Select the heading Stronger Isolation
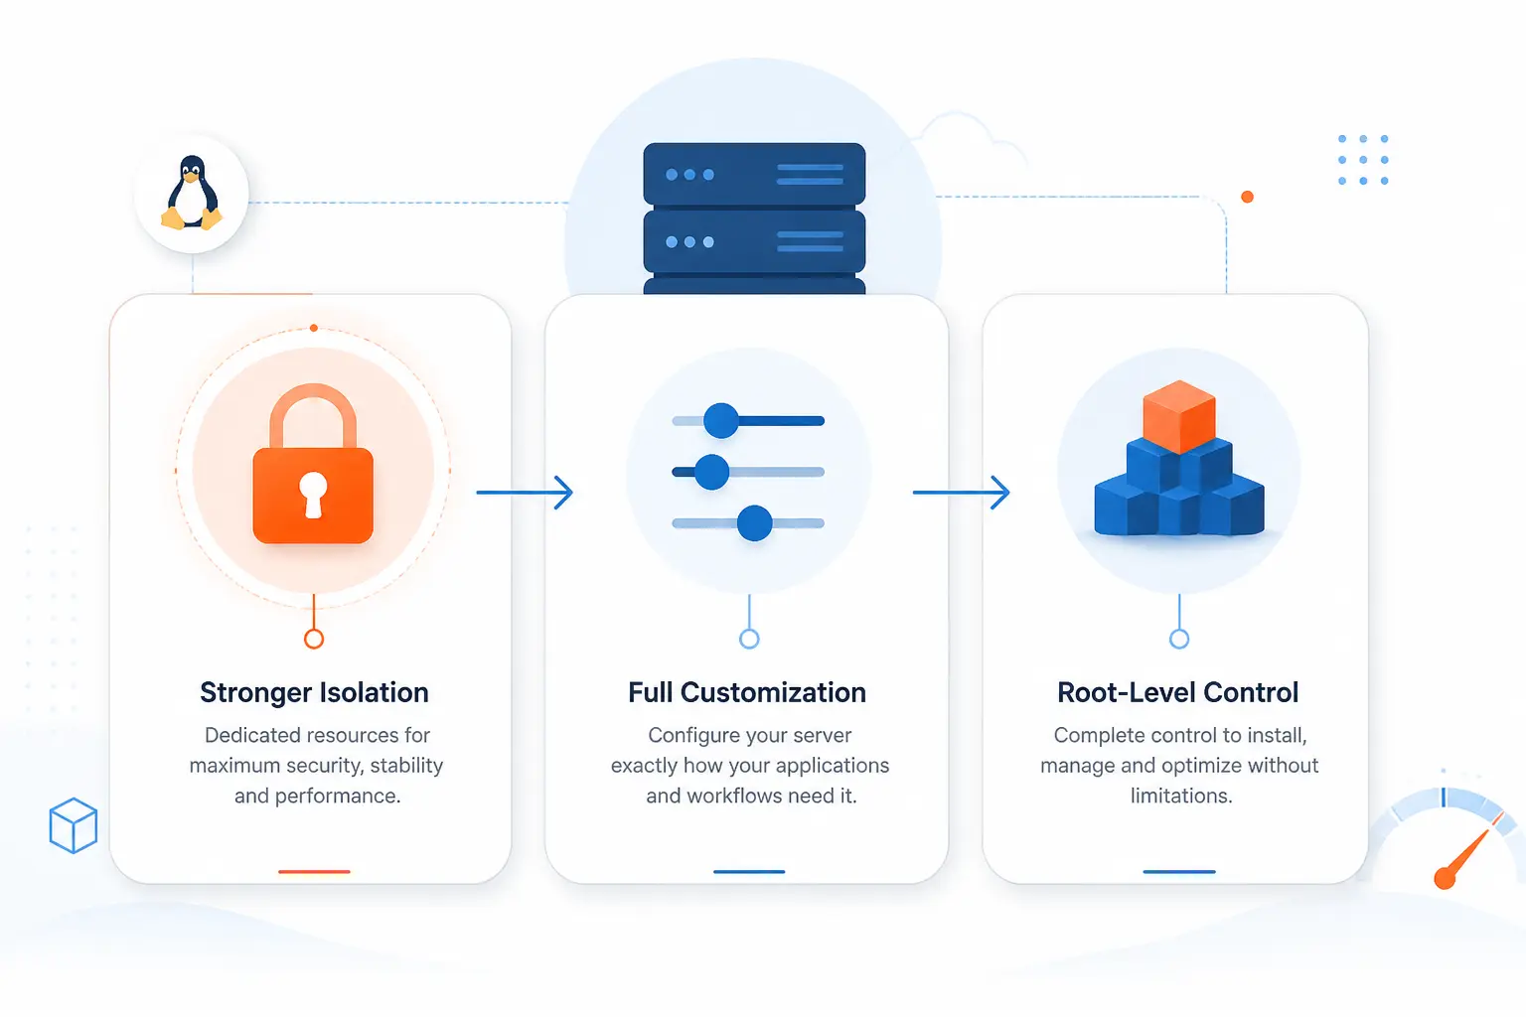click(314, 692)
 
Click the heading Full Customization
click(747, 692)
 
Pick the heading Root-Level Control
click(1178, 692)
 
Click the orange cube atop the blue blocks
click(1179, 416)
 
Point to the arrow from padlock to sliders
click(525, 492)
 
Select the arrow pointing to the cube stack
click(962, 492)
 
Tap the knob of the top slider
click(720, 420)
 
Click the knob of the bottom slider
click(754, 523)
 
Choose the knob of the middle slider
click(712, 472)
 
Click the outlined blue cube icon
click(74, 825)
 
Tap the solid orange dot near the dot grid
click(1248, 197)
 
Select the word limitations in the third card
click(1181, 795)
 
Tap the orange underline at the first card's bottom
click(314, 871)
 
